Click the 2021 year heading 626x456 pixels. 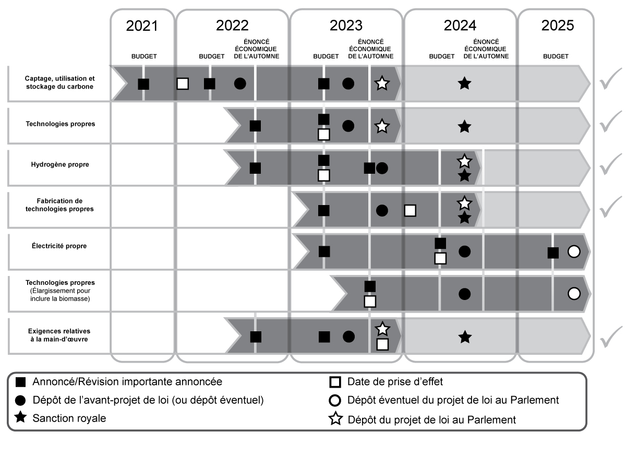[142, 26]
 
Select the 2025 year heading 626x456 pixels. [557, 26]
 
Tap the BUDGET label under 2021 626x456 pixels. [143, 56]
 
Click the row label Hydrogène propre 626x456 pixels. [59, 164]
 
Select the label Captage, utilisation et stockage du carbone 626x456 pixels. [59, 82]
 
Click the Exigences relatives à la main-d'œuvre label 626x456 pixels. [59, 335]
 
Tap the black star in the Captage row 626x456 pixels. [464, 83]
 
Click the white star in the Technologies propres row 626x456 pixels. [382, 126]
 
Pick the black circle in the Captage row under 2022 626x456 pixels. [240, 83]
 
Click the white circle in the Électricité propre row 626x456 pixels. [573, 251]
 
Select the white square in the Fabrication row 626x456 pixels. [410, 210]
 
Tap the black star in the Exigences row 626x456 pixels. [464, 337]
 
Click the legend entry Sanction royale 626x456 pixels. [69, 418]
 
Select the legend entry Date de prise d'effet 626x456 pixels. [395, 382]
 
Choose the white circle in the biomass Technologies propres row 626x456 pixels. [573, 294]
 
